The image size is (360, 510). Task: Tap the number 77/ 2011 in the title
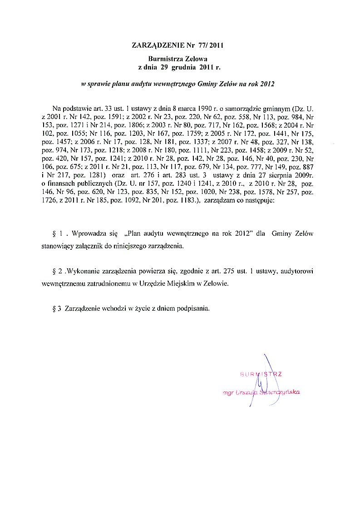pyautogui.click(x=212, y=45)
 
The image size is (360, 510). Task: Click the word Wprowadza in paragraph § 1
pyautogui.click(x=89, y=234)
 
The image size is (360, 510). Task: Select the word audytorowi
pyautogui.click(x=295, y=272)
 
